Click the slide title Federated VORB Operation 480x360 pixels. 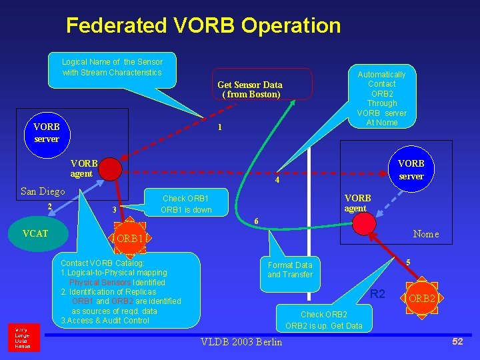(203, 26)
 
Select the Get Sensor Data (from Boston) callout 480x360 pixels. (251, 89)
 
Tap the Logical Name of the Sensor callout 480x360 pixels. (112, 67)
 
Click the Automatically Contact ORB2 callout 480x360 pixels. (381, 98)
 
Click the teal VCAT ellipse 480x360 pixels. (35, 234)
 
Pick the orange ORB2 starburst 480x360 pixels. (422, 298)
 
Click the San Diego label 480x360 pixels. (43, 191)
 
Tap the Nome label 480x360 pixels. (426, 234)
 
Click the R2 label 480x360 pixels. (377, 294)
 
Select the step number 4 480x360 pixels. (278, 180)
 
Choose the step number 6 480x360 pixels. (257, 221)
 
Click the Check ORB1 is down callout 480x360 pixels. (185, 204)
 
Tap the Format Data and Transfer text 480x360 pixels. (290, 269)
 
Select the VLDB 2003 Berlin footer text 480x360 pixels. (241, 342)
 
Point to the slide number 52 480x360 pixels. (457, 341)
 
